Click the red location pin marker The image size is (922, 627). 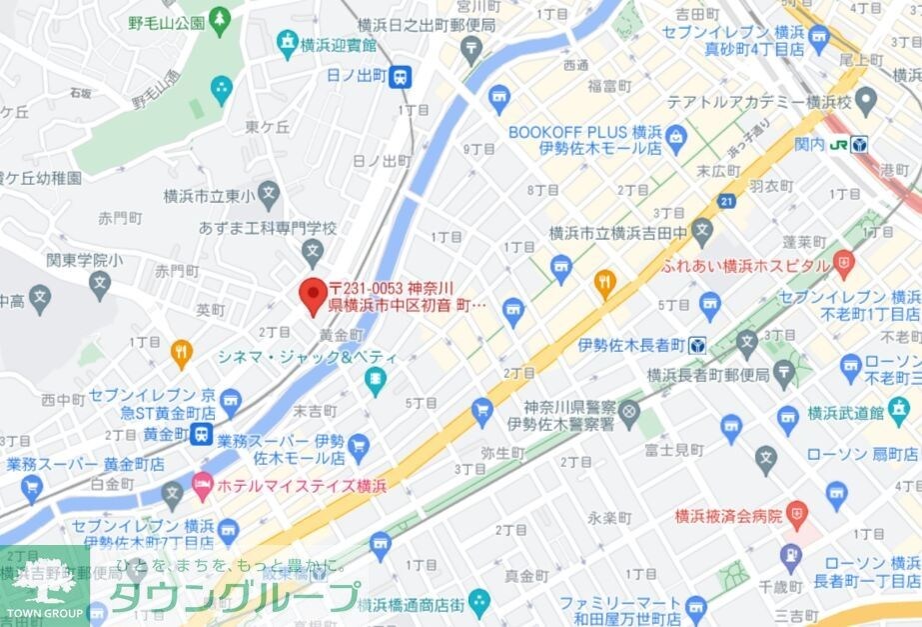click(x=313, y=291)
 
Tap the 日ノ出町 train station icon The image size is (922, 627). click(x=401, y=76)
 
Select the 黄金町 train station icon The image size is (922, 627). click(x=203, y=434)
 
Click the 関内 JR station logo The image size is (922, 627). click(x=859, y=144)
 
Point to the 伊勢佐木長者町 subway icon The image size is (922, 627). click(x=697, y=346)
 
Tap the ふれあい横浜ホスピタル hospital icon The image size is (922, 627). click(x=845, y=266)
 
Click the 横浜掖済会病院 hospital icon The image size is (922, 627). click(x=796, y=516)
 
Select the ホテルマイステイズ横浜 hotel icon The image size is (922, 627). click(x=203, y=485)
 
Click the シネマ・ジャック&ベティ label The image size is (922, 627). click(x=308, y=358)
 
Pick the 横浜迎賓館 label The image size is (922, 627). click(x=341, y=45)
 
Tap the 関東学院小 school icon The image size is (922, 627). click(x=99, y=284)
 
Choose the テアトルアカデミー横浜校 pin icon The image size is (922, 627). click(x=865, y=101)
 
